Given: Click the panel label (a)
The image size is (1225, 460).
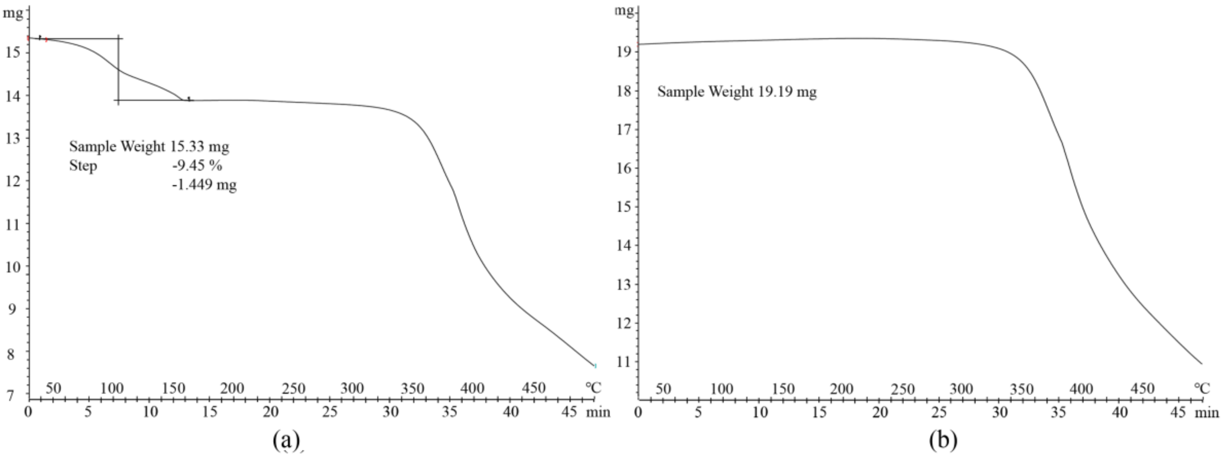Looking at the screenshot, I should point(286,440).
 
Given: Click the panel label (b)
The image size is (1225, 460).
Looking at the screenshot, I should point(943,440).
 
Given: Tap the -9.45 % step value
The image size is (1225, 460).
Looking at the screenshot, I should point(197,165).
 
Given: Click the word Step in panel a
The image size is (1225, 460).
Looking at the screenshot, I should point(83,166).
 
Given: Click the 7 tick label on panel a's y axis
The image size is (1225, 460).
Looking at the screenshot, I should point(11,395).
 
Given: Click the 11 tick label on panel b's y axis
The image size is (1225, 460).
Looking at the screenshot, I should point(624,362).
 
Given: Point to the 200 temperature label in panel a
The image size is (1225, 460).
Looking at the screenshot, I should point(232,389).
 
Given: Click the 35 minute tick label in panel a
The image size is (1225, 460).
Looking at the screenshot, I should point(450,412).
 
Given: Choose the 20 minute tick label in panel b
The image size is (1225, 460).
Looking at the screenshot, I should point(880,412).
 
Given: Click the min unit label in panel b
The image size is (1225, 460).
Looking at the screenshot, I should point(1207,412).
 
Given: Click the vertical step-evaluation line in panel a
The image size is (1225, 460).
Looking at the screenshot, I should point(118,71).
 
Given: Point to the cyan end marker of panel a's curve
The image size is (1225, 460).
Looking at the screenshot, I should point(595,365).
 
